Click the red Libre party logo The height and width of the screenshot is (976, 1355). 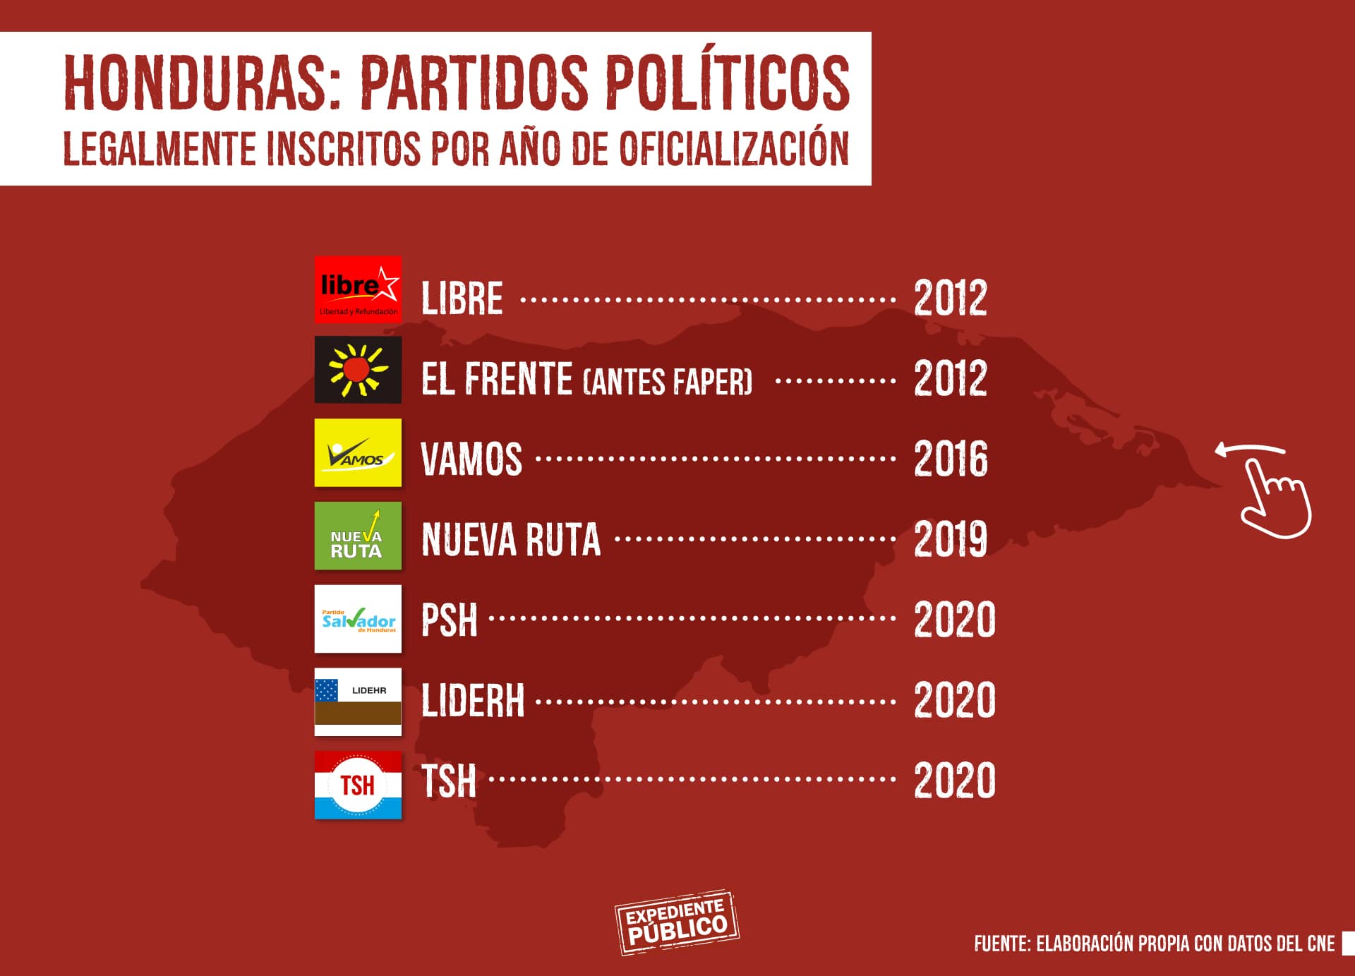tap(358, 290)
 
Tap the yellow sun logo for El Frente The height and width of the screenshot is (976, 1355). tap(358, 370)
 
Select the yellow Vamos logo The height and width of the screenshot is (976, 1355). tap(358, 452)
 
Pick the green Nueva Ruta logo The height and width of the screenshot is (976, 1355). tap(358, 536)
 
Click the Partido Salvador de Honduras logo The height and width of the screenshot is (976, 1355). tap(358, 619)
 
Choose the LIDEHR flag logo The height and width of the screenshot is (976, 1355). tap(358, 701)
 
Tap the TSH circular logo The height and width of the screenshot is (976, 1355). tap(358, 785)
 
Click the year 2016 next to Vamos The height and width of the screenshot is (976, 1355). tap(951, 459)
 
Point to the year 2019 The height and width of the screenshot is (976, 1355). tap(951, 539)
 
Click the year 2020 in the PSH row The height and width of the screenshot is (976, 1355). tap(954, 620)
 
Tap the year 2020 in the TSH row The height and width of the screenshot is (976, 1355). tap(954, 781)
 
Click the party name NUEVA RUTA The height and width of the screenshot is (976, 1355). tap(511, 540)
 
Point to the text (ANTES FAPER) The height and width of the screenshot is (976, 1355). tap(668, 382)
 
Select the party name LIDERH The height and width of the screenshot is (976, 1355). tap(473, 701)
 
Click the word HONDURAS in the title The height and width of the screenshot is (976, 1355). tap(203, 83)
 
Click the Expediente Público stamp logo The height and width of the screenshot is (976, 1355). tap(676, 922)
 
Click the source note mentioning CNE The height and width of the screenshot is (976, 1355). tap(1154, 944)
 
